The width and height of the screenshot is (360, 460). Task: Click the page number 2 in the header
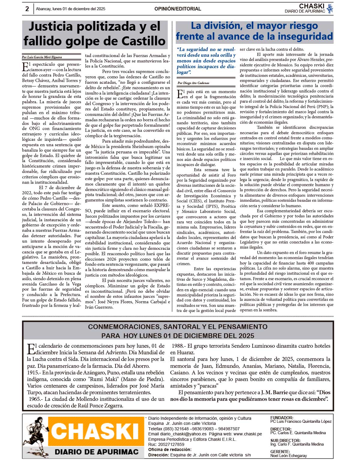pyautogui.click(x=27, y=9)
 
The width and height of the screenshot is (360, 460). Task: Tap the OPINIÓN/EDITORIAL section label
pyautogui.click(x=178, y=9)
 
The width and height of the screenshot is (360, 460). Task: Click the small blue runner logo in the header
pyautogui.click(x=330, y=9)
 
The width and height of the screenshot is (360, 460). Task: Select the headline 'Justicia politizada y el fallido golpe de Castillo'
pyautogui.click(x=94, y=34)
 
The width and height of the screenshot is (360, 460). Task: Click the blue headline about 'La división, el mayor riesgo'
pyautogui.click(x=254, y=31)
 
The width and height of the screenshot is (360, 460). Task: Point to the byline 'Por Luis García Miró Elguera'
pyautogui.click(x=42, y=57)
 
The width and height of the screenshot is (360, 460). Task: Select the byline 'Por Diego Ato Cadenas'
pyautogui.click(x=193, y=83)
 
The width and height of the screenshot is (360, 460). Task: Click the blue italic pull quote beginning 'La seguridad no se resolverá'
pyautogui.click(x=206, y=61)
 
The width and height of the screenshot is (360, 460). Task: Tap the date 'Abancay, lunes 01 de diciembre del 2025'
pyautogui.click(x=70, y=9)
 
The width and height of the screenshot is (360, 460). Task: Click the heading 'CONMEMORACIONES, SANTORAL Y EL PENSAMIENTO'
pyautogui.click(x=178, y=327)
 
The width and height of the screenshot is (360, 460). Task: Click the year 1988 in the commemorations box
pyautogui.click(x=178, y=346)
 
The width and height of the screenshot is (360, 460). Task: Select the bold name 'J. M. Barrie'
pyautogui.click(x=274, y=392)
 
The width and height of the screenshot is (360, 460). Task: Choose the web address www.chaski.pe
pyautogui.click(x=247, y=434)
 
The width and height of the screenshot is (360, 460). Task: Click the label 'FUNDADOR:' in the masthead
pyautogui.click(x=282, y=418)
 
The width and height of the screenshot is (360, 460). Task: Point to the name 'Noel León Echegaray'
pyautogui.click(x=289, y=455)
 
